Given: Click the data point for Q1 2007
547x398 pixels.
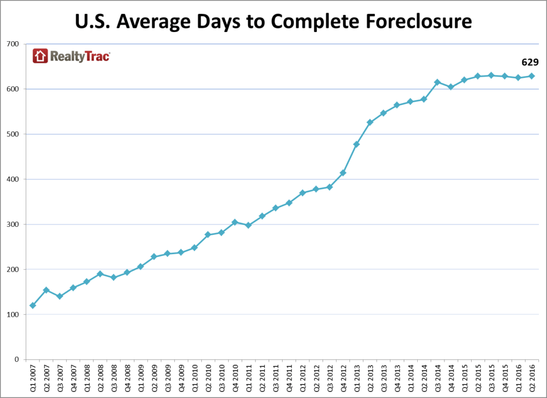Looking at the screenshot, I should tap(33, 305).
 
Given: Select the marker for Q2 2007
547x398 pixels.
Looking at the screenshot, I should tap(46, 290).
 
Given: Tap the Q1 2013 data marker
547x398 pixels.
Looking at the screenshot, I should tap(356, 144).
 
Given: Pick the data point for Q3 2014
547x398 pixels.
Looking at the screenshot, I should tap(437, 82).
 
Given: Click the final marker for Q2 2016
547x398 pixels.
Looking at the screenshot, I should tap(532, 76).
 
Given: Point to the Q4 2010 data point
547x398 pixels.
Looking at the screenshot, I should tap(235, 222).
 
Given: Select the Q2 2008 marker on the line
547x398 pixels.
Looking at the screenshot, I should tap(100, 274).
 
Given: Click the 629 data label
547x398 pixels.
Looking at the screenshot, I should tap(530, 63).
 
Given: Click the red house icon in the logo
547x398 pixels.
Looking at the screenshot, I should tap(40, 56).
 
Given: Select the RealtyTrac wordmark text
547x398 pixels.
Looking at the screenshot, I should tap(80, 56).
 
